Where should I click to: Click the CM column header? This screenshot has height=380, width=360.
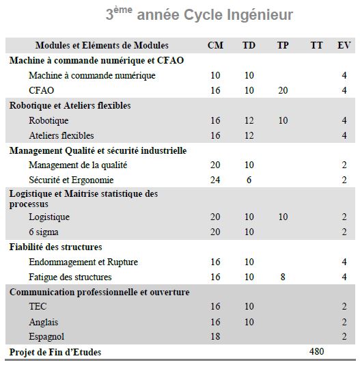coord(215,45)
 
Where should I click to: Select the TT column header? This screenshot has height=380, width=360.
coord(317,45)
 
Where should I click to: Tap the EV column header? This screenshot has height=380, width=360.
coord(344,45)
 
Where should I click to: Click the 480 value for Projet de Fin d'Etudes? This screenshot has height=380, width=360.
coord(317,351)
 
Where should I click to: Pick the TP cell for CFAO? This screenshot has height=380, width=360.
coord(283,90)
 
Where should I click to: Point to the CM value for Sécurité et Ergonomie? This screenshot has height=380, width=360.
coord(215,180)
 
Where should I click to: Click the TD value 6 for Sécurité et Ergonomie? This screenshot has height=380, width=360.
coord(249,180)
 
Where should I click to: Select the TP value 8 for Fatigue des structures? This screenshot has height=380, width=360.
coord(283,277)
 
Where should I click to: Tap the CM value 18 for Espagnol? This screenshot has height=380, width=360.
coord(215,336)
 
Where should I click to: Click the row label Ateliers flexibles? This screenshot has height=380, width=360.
coord(61,135)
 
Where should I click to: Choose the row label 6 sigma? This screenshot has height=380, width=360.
coord(44,232)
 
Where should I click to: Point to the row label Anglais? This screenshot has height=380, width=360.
coord(44,323)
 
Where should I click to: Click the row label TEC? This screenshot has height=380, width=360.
coord(38,306)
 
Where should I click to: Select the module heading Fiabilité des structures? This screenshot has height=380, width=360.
coord(56,247)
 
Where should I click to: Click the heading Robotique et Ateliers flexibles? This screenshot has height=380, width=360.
coord(70,105)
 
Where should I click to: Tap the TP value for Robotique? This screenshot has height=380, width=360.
coord(283,120)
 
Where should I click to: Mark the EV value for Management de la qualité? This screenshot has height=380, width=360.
coord(344,165)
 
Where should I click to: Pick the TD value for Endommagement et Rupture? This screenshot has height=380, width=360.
coord(249,262)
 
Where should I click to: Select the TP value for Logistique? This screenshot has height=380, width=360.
coord(283,217)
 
